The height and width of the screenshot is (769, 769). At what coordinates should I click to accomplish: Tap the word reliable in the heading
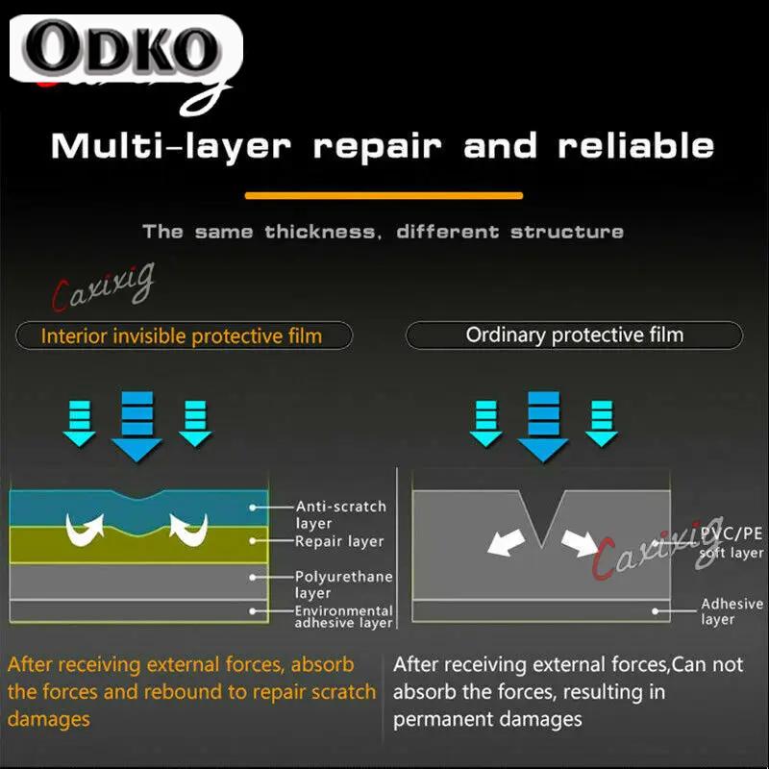click(x=636, y=146)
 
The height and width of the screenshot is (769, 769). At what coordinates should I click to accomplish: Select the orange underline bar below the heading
click(x=384, y=195)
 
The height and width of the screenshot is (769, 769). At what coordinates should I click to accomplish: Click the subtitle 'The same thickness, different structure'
click(x=384, y=232)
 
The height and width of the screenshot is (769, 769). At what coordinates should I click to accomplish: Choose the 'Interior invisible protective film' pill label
click(x=182, y=335)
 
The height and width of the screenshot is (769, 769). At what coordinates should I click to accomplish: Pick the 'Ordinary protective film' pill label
click(x=575, y=335)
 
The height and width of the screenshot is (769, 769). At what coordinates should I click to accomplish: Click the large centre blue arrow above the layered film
click(x=136, y=426)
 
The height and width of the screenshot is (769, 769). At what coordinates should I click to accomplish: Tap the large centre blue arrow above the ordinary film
click(x=544, y=426)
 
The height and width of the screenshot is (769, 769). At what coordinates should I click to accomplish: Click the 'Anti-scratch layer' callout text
click(x=340, y=514)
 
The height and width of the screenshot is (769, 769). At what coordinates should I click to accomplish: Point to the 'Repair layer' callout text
click(x=339, y=541)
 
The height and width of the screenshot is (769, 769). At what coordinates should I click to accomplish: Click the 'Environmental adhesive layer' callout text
click(x=343, y=617)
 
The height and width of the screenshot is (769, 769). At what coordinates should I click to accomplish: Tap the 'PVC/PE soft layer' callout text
click(x=732, y=542)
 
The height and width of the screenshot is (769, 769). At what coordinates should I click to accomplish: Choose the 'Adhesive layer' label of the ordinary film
click(x=732, y=611)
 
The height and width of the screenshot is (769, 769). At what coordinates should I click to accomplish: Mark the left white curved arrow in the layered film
click(x=85, y=527)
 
